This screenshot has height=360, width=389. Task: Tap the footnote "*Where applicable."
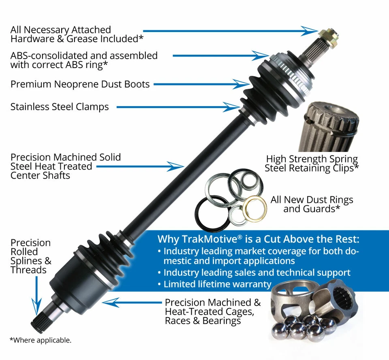click(40, 340)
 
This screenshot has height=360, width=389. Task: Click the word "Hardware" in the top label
click(29, 39)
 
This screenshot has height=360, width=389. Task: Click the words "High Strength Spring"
click(312, 159)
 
